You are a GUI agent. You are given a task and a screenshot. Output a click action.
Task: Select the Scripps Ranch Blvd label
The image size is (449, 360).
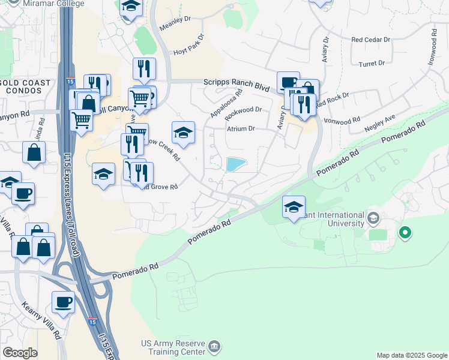pos(236,85)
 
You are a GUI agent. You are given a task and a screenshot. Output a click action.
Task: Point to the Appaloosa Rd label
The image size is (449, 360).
pos(226,103)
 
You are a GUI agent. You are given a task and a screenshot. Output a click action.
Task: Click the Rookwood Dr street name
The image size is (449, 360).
pos(244,110)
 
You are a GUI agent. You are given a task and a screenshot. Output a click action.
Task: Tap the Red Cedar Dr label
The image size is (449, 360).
pos(370,40)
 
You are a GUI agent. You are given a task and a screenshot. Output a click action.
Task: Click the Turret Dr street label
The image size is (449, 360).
pos(371,63)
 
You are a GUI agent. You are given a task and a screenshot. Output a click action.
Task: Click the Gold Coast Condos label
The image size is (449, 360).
pos(22,86)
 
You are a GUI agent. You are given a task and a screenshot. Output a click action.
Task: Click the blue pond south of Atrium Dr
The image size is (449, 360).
pos(236,164)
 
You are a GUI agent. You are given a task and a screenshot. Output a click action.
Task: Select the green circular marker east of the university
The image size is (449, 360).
pos(405,232)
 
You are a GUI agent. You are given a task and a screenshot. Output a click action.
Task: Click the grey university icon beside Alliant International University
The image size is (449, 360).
pos(373,217)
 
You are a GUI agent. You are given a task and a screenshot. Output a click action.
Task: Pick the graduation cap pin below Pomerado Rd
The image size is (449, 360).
pos(294,208)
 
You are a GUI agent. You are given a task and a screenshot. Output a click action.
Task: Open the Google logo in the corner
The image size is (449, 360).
pos(20,353)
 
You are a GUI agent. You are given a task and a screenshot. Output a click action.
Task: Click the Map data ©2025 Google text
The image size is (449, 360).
pos(411,355)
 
